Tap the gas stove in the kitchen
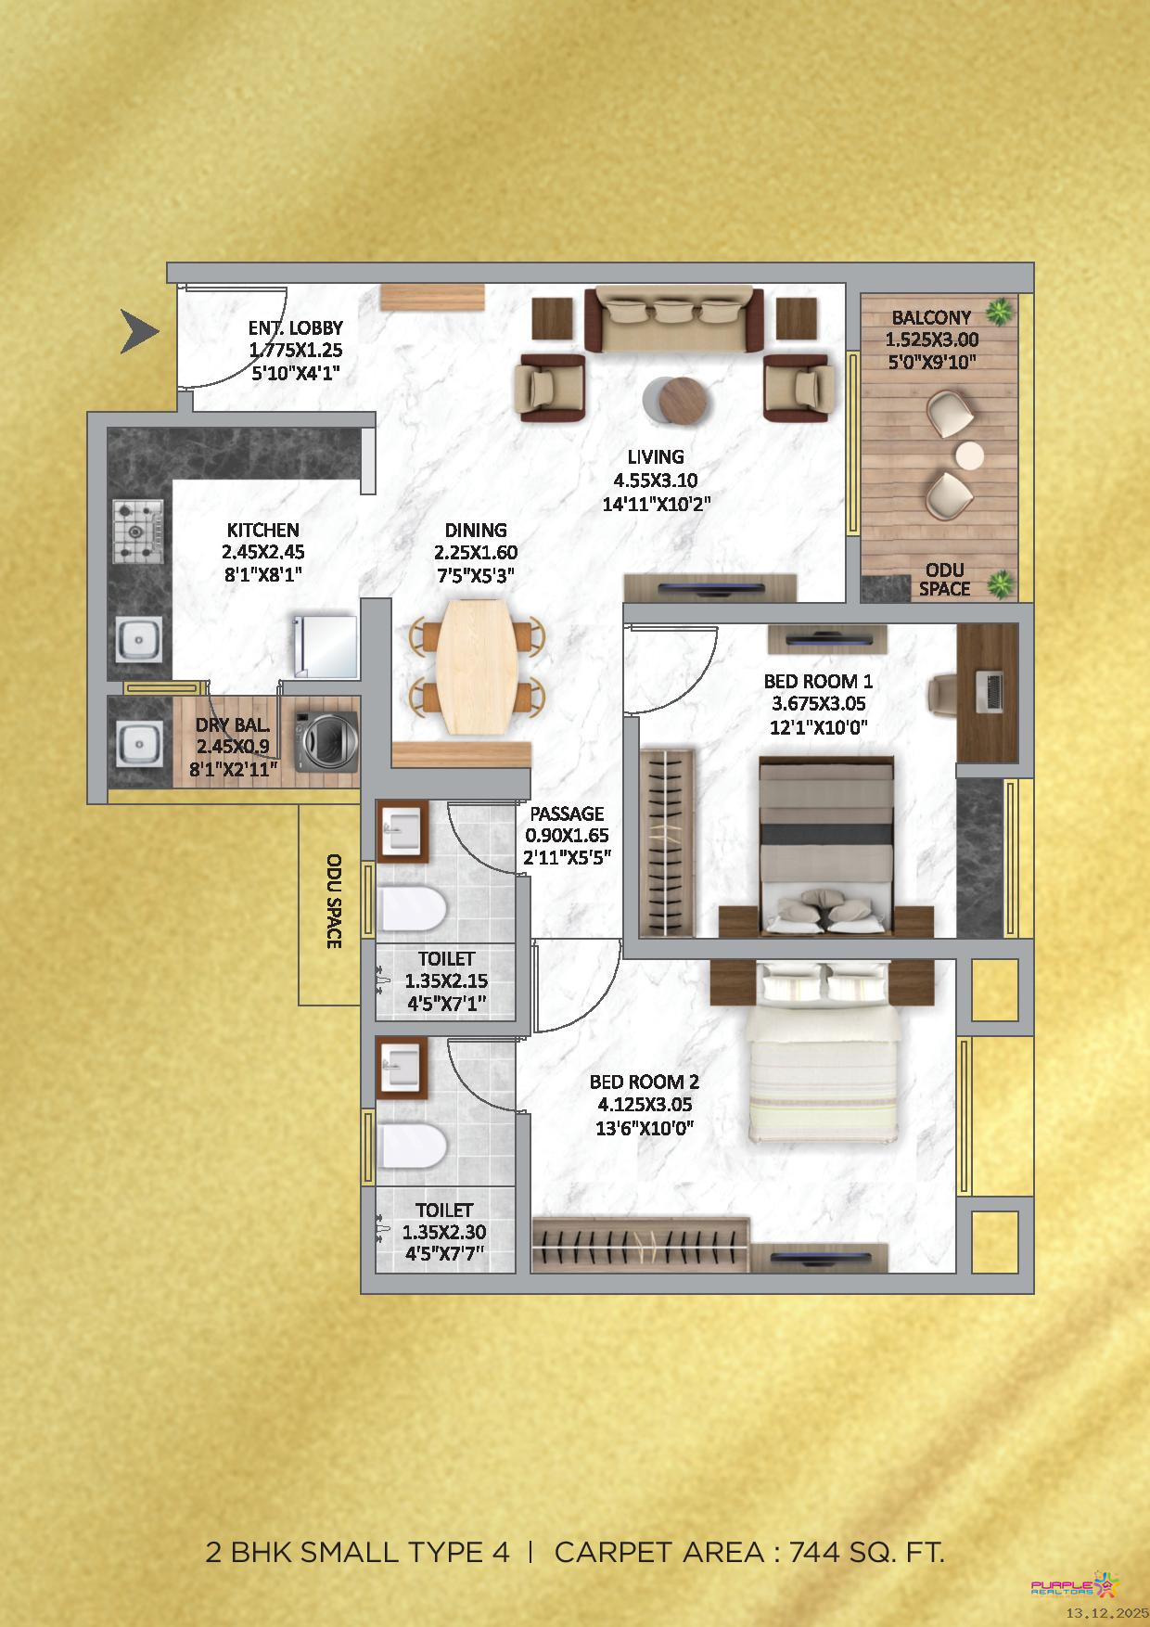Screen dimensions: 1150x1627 coord(138,532)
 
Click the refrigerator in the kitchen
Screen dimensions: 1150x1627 coord(325,646)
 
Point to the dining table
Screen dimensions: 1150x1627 coord(477,665)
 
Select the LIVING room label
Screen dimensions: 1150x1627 coord(656,456)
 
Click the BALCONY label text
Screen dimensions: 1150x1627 coord(931,317)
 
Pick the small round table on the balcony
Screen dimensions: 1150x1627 coord(969,455)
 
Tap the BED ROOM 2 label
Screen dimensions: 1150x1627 coord(645,1082)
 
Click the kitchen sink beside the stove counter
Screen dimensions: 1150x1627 coord(139,639)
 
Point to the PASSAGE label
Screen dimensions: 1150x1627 coord(567,813)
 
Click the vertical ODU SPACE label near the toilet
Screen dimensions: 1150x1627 coord(334,901)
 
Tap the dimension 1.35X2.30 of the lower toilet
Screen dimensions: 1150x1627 coord(444,1233)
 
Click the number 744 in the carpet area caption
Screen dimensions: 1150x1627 coord(817,1552)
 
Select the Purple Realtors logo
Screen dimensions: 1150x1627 coord(1076,1584)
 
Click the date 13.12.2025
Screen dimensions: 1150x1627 coord(1106,1614)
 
